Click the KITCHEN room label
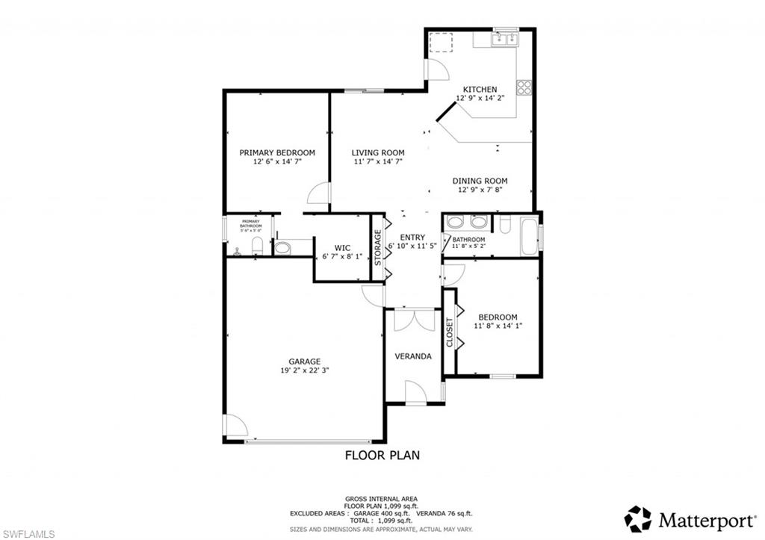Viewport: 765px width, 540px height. click(x=479, y=90)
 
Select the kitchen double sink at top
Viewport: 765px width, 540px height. click(x=506, y=39)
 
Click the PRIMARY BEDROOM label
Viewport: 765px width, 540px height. click(x=277, y=152)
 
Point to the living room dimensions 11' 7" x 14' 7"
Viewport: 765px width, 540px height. click(x=377, y=161)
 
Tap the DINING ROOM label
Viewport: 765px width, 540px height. click(x=480, y=181)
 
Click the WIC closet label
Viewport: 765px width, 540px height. click(x=342, y=247)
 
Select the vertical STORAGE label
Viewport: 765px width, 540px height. click(x=378, y=247)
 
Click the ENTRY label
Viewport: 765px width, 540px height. click(x=412, y=238)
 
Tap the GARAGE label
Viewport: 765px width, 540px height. click(x=305, y=361)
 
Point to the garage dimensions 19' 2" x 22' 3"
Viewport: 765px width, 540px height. click(x=305, y=370)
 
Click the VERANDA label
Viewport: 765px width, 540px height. click(x=413, y=356)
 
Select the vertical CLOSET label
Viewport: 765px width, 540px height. click(x=449, y=332)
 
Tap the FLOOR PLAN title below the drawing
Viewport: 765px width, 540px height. click(x=382, y=454)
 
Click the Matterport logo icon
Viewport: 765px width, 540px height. click(x=638, y=518)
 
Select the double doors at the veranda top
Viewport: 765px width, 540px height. click(x=414, y=320)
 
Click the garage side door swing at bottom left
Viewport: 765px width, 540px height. click(x=235, y=426)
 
